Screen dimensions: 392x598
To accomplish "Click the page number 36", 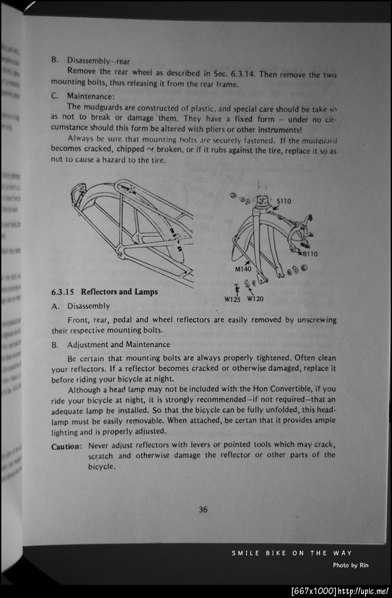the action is (x=203, y=509).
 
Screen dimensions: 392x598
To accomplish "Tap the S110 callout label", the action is (x=284, y=201).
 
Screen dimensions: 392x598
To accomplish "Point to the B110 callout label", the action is (x=310, y=254).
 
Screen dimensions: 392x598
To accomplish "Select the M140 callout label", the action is (x=243, y=269).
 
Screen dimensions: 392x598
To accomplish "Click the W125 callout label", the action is (x=232, y=299).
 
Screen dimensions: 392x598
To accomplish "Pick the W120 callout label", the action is (x=255, y=299).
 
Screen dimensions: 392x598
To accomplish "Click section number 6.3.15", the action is (x=63, y=292).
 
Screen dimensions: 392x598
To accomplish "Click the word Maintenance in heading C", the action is (x=90, y=96).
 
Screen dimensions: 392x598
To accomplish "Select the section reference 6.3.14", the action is (x=244, y=74).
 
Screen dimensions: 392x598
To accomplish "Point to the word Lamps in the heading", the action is (x=146, y=291).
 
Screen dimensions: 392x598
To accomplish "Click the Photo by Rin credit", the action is (x=351, y=565).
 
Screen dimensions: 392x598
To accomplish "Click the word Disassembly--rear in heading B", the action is (x=99, y=61).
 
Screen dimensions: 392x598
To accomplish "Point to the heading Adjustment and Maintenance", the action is (x=119, y=345).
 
